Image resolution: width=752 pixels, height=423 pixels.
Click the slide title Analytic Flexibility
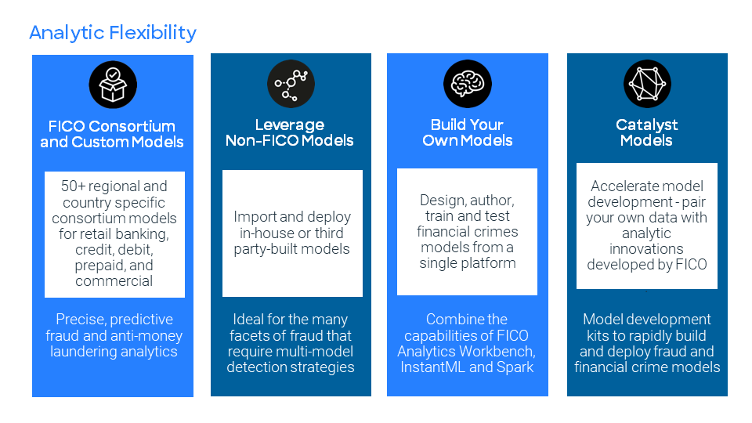pyautogui.click(x=113, y=33)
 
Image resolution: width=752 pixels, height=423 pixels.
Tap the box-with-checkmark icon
pyautogui.click(x=113, y=85)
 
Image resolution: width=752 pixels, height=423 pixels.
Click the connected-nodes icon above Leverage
pyautogui.click(x=291, y=84)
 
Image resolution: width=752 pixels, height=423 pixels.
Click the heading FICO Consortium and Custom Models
pyautogui.click(x=112, y=134)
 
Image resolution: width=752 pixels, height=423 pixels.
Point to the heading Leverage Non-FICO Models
pyautogui.click(x=290, y=133)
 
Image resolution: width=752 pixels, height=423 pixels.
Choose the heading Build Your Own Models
pyautogui.click(x=468, y=133)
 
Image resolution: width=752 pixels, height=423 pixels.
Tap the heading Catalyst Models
pyautogui.click(x=646, y=132)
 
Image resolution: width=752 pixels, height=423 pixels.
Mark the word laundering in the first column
pyautogui.click(x=85, y=351)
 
